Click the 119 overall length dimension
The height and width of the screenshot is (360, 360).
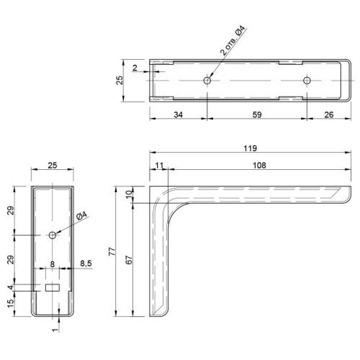click(251, 148)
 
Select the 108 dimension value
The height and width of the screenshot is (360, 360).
click(259, 166)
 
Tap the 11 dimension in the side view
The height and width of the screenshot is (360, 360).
click(159, 166)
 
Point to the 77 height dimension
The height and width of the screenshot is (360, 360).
click(112, 251)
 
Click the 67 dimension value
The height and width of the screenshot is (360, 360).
click(129, 260)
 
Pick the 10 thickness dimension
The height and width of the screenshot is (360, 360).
click(129, 194)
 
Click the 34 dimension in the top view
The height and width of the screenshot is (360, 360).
click(178, 114)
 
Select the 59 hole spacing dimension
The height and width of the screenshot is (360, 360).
click(257, 114)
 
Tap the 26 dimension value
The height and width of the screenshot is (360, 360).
click(329, 114)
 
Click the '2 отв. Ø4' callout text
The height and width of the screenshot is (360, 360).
click(233, 40)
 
